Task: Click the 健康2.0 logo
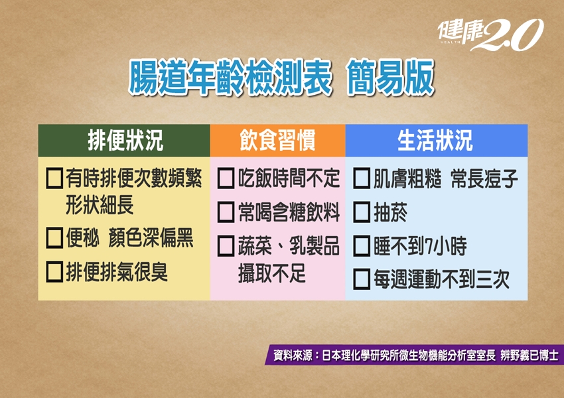490,35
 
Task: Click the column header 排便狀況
125,140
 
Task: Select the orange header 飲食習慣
277,140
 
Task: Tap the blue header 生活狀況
435,140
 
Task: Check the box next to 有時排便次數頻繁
54,178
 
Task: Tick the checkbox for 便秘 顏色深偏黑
54,237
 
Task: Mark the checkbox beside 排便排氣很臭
54,272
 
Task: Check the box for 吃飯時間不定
226,178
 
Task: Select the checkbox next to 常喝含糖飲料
226,212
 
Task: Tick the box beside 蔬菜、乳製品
226,246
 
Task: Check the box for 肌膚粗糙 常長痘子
362,178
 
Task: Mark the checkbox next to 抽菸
362,212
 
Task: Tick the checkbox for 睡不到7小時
362,246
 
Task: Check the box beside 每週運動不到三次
362,279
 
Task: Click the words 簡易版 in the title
391,78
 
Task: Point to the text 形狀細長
100,205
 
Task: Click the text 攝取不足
271,273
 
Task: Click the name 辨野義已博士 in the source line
529,356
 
